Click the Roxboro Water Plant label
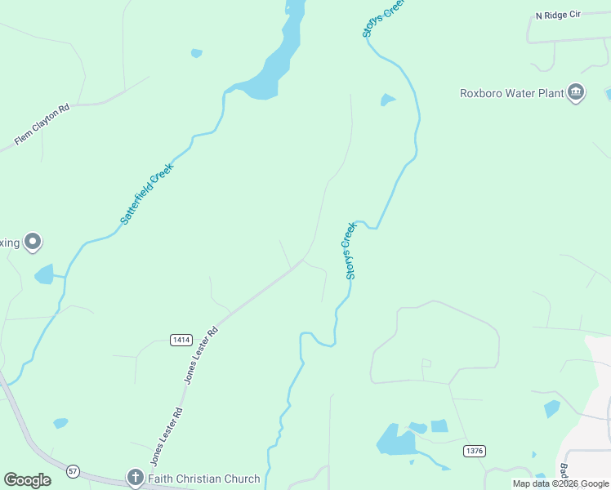tap(512, 93)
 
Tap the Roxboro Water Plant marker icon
tap(576, 92)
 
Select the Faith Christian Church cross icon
tap(135, 477)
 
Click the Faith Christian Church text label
tap(203, 479)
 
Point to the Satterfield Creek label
tap(147, 194)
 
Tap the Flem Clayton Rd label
tap(42, 124)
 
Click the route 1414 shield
tap(181, 339)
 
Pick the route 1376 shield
tap(474, 451)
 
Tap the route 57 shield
tap(73, 471)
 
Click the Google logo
tap(27, 480)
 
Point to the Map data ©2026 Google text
tap(560, 483)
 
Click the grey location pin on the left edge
tap(33, 242)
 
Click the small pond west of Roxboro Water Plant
tap(387, 100)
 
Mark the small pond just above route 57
tap(60, 423)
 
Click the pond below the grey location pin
tap(44, 274)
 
